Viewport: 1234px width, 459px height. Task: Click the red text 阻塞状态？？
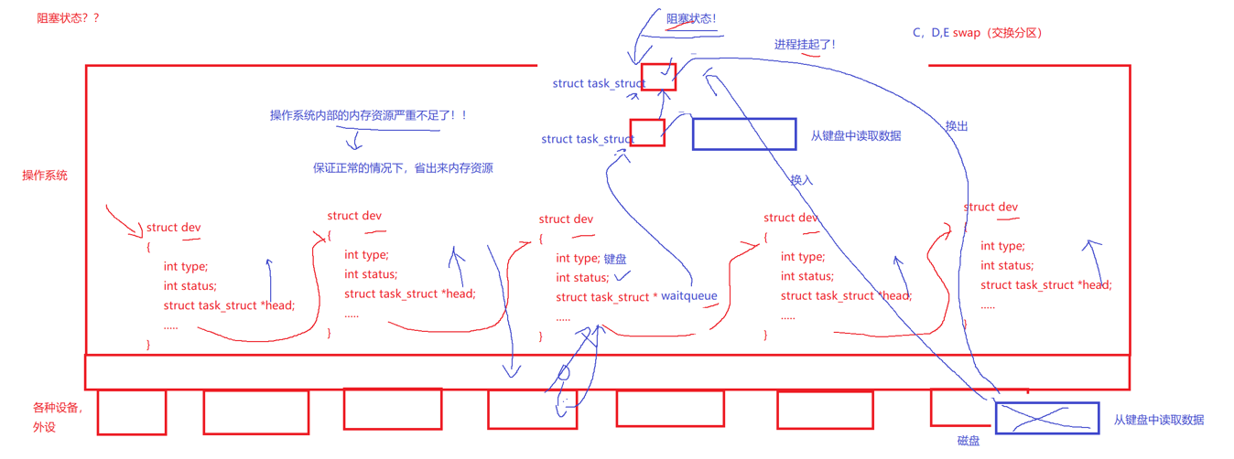pyautogui.click(x=68, y=17)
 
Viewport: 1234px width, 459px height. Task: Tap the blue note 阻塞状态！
pyautogui.click(x=691, y=18)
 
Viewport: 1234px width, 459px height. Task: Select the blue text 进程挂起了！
pyautogui.click(x=805, y=44)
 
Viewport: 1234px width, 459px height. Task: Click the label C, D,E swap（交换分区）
pyautogui.click(x=978, y=33)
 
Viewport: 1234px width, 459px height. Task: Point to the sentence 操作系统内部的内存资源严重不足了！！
pyautogui.click(x=368, y=115)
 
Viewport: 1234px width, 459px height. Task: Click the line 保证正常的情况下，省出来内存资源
pyautogui.click(x=403, y=168)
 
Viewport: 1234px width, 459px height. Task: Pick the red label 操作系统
pyautogui.click(x=45, y=175)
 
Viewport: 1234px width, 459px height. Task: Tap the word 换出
pyautogui.click(x=957, y=126)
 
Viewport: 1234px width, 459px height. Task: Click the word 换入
pyautogui.click(x=801, y=180)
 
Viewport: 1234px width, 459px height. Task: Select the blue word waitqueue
pyautogui.click(x=689, y=296)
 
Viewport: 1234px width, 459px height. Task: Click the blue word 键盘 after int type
pyautogui.click(x=615, y=259)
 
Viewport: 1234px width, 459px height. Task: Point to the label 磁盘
pyautogui.click(x=969, y=442)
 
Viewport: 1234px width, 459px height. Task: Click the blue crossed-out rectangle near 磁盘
pyautogui.click(x=1047, y=418)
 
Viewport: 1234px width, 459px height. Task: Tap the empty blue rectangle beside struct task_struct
pyautogui.click(x=744, y=133)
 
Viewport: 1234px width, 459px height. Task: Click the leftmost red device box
pyautogui.click(x=132, y=412)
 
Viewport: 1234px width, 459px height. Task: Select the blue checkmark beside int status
pyautogui.click(x=622, y=275)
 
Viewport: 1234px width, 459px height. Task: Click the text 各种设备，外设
pyautogui.click(x=57, y=417)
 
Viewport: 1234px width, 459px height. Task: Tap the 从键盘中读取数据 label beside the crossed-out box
pyautogui.click(x=1159, y=420)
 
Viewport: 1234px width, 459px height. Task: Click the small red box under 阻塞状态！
pyautogui.click(x=658, y=77)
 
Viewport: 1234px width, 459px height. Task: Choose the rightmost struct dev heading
pyautogui.click(x=990, y=208)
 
